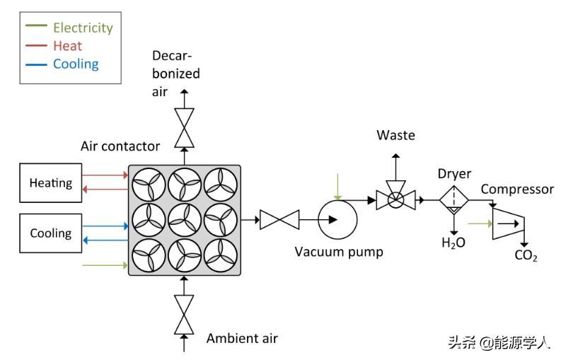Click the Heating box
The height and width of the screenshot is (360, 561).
point(51,182)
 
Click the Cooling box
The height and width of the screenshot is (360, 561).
point(51,233)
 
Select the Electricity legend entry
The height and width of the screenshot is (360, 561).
point(82,28)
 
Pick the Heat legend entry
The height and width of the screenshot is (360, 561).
point(67,46)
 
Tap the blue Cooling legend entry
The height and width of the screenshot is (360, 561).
point(75,64)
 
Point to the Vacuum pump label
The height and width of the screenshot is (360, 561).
point(339,251)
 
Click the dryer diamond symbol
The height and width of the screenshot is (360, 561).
point(453,199)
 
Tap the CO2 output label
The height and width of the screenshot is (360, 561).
point(526,255)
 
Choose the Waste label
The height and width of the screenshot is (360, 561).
point(395,135)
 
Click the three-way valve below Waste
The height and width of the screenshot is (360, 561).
point(395,200)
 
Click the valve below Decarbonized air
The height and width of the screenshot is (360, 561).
point(184,127)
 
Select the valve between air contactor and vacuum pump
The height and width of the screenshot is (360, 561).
point(279,220)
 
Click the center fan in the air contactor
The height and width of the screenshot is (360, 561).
point(184,221)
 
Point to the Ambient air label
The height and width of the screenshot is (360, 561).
point(242,338)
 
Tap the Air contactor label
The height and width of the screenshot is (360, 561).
point(120,147)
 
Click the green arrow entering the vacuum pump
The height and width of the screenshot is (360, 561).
point(339,187)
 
